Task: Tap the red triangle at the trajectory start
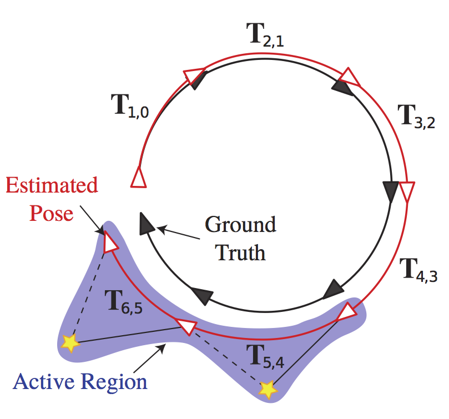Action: pyautogui.click(x=138, y=177)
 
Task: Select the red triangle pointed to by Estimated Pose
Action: pyautogui.click(x=110, y=242)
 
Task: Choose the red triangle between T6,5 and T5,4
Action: pyautogui.click(x=186, y=327)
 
